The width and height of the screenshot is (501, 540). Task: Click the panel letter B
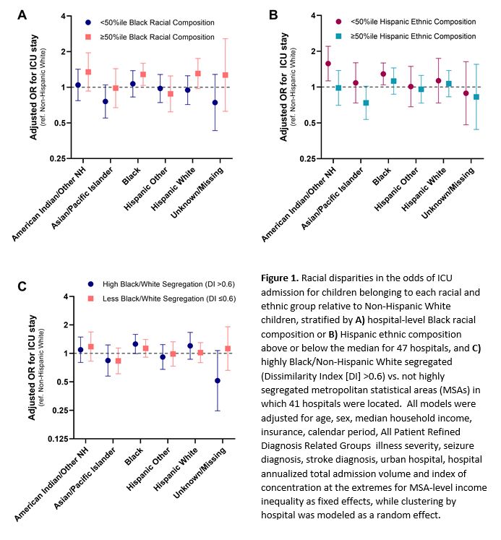coord(274,14)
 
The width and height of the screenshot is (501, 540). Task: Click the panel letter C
coord(23,286)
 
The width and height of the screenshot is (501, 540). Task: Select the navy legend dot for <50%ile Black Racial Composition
coord(87,22)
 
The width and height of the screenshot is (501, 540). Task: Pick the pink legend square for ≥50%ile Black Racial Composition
coord(87,36)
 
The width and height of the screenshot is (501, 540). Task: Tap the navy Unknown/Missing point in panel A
coord(215,103)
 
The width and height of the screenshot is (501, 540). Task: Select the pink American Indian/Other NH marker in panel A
coord(88,72)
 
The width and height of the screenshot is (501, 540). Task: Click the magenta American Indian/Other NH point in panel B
coord(328,64)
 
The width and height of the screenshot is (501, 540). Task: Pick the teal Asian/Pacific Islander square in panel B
coord(366,103)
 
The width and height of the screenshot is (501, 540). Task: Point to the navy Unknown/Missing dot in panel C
coord(217,380)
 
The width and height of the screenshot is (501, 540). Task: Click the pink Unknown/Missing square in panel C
coord(228,348)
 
